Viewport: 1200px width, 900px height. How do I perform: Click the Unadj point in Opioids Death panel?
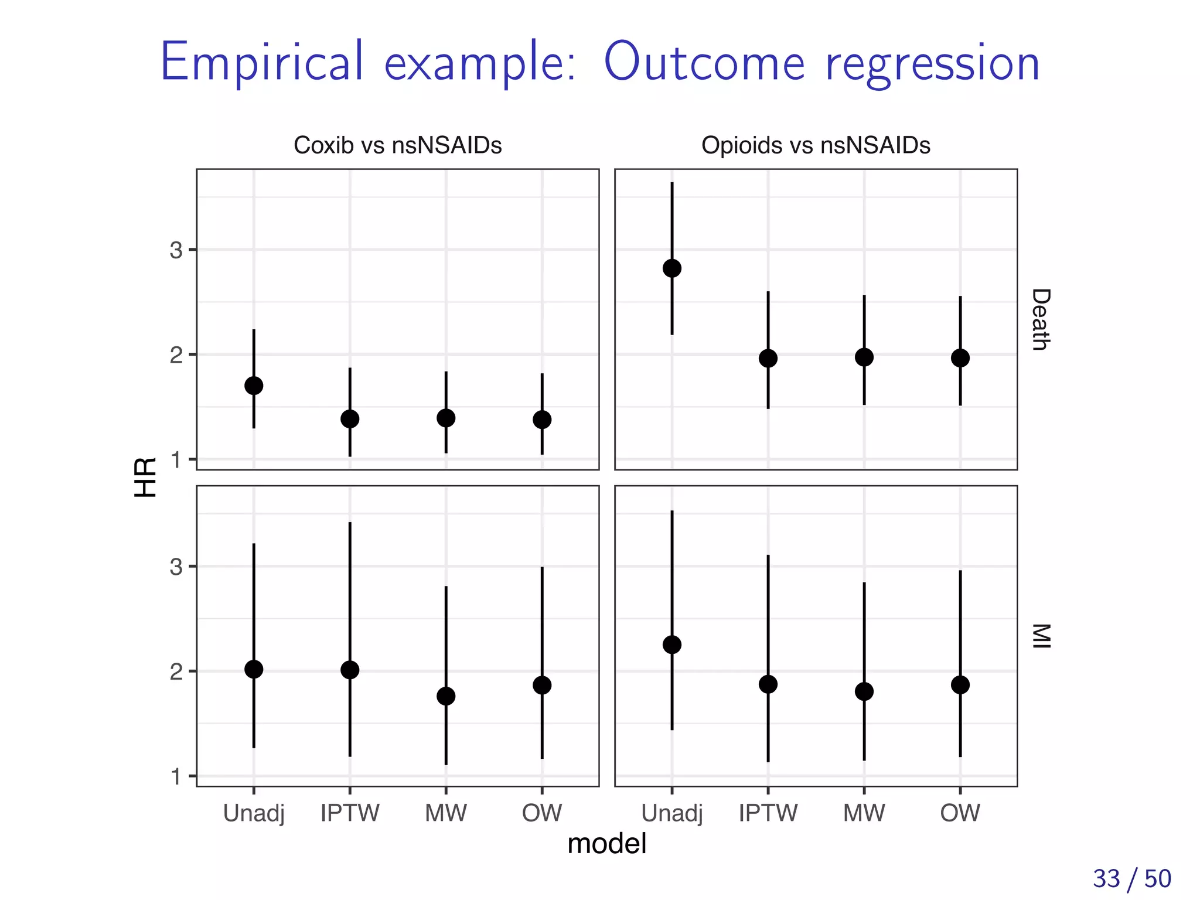[672, 268]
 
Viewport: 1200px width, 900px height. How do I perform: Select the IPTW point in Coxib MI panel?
[350, 670]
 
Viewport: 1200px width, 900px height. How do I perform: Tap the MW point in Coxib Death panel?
[446, 418]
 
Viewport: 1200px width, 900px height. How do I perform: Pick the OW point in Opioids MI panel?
[960, 684]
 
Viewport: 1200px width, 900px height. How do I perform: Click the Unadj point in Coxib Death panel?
[254, 386]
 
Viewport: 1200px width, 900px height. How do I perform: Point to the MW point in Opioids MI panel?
[864, 691]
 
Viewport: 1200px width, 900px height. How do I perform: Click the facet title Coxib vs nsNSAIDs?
[397, 145]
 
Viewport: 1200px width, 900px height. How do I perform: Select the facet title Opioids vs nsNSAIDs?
[816, 145]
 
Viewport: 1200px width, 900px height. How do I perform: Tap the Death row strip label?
[1040, 319]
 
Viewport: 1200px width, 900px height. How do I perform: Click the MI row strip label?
[1040, 636]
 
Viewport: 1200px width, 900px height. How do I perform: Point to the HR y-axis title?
[145, 478]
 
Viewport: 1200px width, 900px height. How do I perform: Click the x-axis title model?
[607, 844]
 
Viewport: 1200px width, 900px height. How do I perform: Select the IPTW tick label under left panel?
[350, 813]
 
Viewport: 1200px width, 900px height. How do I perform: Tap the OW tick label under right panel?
[960, 813]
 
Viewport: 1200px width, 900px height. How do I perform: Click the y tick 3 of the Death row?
[176, 250]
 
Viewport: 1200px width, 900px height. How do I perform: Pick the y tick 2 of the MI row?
[176, 671]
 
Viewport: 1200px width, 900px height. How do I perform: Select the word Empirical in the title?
[262, 63]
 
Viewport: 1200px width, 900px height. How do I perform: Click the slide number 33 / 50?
[1131, 878]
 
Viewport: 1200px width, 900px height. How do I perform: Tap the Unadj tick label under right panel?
[672, 813]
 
